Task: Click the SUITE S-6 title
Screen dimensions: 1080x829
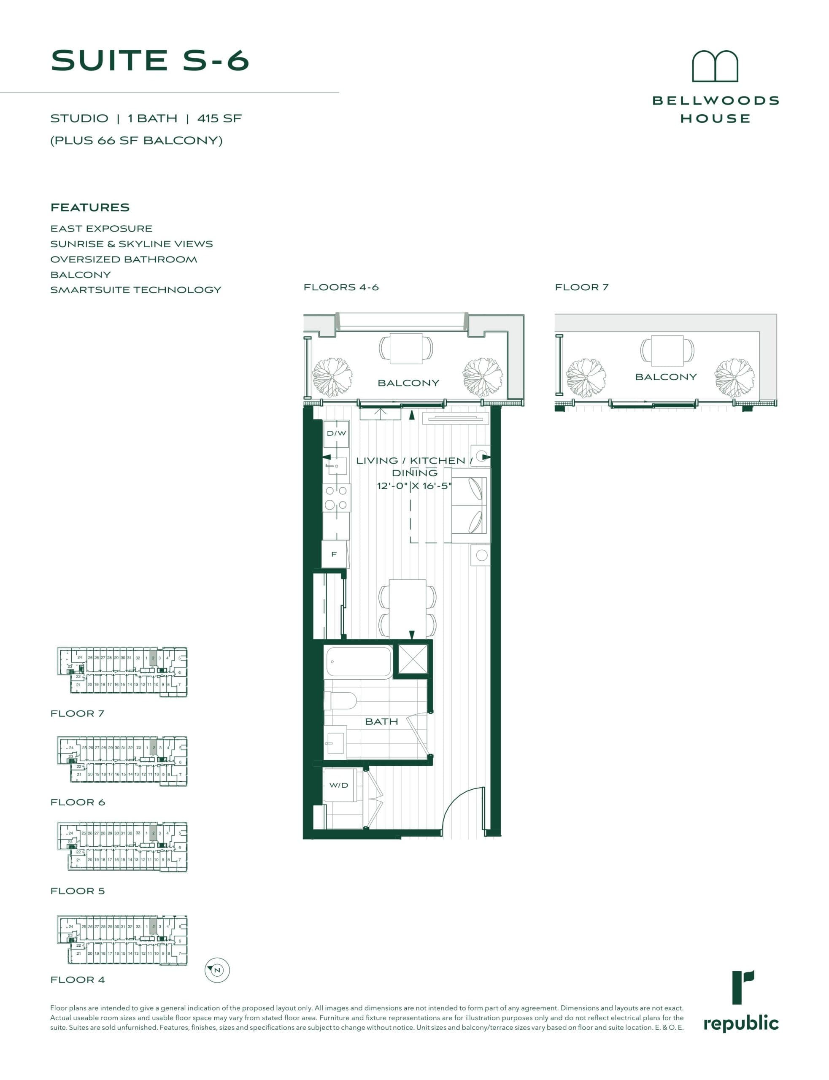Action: (150, 60)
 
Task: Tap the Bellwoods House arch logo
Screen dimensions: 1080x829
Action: (715, 66)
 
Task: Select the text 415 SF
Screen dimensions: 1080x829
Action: (219, 119)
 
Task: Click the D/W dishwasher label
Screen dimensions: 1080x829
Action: (336, 433)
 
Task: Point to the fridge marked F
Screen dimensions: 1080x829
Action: (334, 554)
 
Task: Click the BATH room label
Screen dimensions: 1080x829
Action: (381, 721)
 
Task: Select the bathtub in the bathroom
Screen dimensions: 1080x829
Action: (358, 662)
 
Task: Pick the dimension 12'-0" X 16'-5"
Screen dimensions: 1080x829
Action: (414, 486)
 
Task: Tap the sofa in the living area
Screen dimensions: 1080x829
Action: (471, 506)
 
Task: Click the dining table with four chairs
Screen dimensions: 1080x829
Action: (408, 610)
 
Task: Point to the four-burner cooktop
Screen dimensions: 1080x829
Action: (337, 498)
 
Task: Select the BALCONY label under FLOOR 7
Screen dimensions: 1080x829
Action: (666, 377)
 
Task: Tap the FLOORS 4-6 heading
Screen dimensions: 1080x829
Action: (341, 287)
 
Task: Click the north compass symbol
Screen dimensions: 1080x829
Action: (217, 970)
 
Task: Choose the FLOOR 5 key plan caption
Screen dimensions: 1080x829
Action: (78, 891)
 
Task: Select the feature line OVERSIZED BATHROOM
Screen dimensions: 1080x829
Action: (123, 259)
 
